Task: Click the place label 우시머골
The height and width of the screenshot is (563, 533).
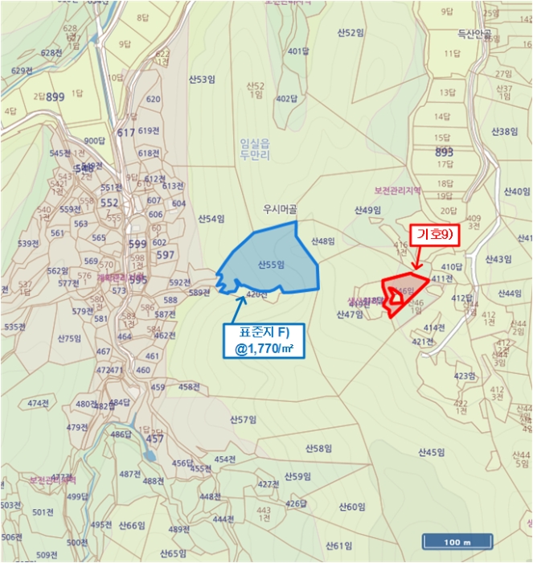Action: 280,209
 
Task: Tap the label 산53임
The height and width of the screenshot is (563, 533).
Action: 203,80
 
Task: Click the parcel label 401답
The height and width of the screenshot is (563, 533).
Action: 298,51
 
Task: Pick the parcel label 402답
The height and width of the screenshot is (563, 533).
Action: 286,99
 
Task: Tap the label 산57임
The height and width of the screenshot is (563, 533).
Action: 242,420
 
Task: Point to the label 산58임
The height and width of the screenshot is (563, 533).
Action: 319,448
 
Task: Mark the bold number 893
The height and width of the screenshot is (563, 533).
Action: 444,151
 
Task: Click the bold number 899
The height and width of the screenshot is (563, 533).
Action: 55,97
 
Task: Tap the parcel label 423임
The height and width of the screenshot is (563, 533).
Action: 465,376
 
